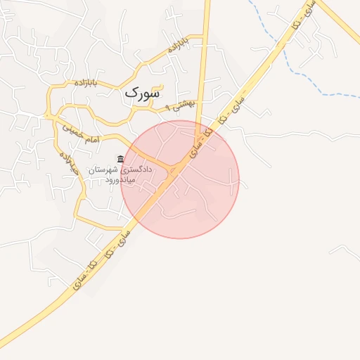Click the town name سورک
click(x=142, y=92)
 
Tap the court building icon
click(x=121, y=160)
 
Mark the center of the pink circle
click(x=180, y=179)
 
